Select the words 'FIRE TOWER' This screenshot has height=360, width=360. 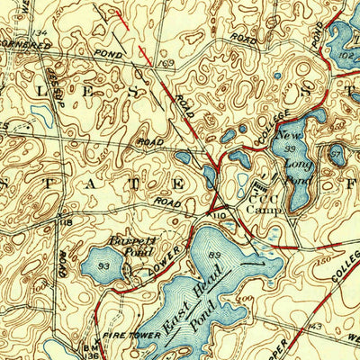click(x=135, y=335)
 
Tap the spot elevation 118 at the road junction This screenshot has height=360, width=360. click(x=66, y=221)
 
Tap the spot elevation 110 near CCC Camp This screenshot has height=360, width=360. click(x=218, y=216)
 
